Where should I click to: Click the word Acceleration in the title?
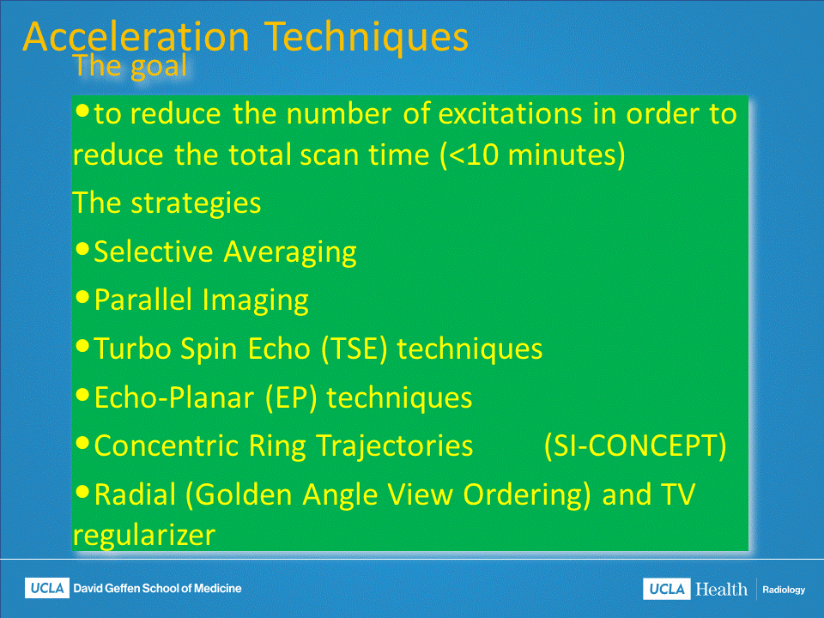coord(136,37)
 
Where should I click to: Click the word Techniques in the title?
coord(366,38)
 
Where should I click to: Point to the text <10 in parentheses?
coord(474,155)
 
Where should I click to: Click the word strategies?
coord(196,203)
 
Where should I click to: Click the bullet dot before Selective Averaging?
coord(82,249)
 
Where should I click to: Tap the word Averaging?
coord(290,252)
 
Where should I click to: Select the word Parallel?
coord(143,300)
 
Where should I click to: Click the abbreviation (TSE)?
coord(353,349)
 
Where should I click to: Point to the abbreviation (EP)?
coord(291,397)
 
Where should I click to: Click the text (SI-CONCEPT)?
coord(635,446)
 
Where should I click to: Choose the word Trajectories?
coord(395,446)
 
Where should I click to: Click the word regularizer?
coord(144,536)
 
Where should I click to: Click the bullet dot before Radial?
coord(82,492)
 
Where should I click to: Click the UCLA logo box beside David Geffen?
coord(46,588)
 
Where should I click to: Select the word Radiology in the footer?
coord(784,590)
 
